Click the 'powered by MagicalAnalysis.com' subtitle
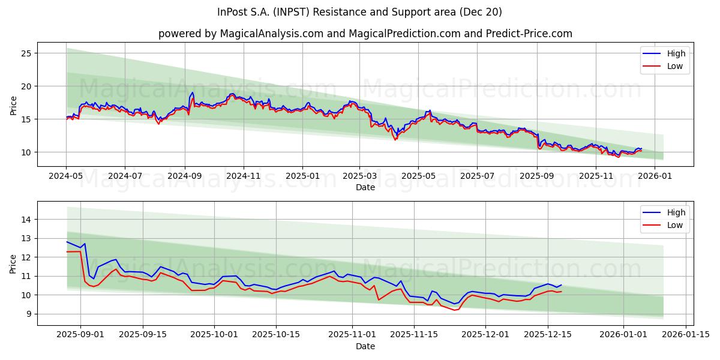point(365,34)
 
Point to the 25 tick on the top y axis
point(25,53)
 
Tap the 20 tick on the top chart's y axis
point(25,86)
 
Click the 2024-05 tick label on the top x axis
point(66,176)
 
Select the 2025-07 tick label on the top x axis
point(477,176)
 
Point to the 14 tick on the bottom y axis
point(25,220)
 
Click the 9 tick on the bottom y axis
point(28,314)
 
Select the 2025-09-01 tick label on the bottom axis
point(80,335)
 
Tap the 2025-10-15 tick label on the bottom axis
point(276,335)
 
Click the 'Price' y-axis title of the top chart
point(13,105)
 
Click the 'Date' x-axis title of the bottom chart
point(365,346)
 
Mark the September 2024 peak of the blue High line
point(192,92)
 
